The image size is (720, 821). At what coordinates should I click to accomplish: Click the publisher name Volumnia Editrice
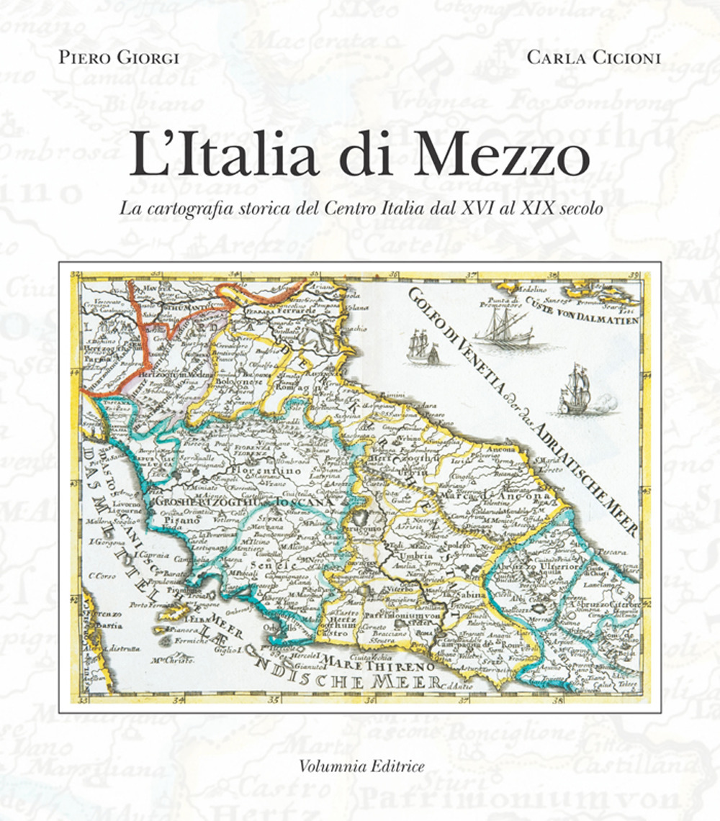coord(361,765)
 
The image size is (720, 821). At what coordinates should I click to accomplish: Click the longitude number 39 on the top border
coord(634,274)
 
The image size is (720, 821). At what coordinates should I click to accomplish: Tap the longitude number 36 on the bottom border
coord(372,698)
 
